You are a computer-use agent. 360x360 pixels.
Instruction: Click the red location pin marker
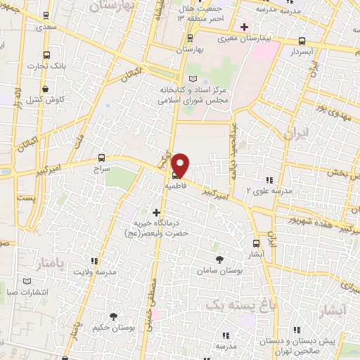coord(181,164)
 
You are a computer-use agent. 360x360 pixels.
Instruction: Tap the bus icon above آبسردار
coord(302,41)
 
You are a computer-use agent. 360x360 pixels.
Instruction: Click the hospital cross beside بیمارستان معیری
coord(244,27)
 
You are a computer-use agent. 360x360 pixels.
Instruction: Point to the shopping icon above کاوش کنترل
coord(46,89)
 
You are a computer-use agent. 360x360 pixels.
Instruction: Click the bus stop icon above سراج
coord(103,158)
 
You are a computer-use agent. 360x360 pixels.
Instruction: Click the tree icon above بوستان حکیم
coord(113,317)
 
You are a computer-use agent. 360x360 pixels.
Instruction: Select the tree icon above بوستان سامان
coord(218,259)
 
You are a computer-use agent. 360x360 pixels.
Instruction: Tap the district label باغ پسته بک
coord(230,304)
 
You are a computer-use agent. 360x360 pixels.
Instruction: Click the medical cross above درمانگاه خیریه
coord(156,212)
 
